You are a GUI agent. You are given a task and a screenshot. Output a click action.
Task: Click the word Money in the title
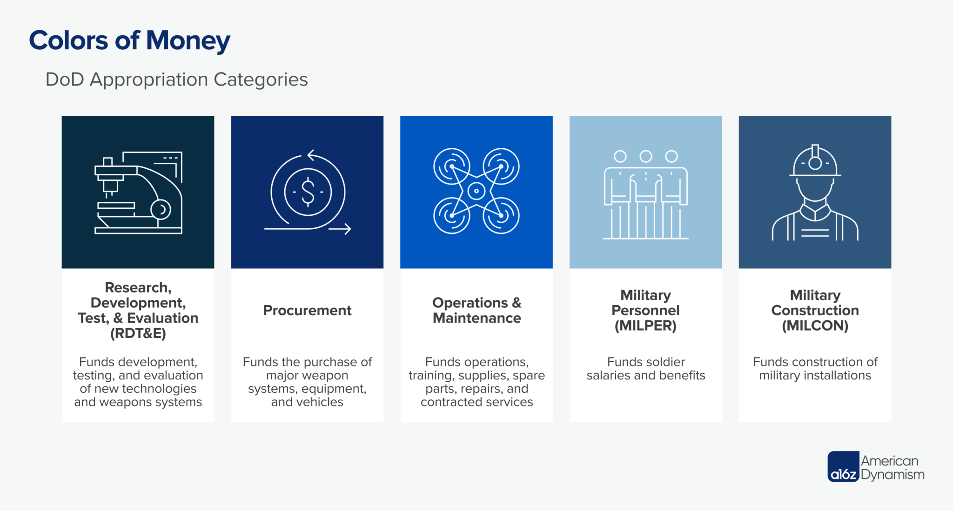tap(188, 40)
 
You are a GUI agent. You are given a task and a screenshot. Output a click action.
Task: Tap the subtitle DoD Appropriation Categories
tap(176, 80)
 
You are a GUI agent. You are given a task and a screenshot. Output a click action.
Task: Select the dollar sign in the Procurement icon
tap(308, 192)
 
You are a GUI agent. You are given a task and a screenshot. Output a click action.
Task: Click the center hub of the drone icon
tap(476, 191)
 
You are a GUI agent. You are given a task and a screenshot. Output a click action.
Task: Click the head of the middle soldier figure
tap(645, 156)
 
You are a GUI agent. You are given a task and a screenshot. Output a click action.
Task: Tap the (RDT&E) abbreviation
tap(138, 333)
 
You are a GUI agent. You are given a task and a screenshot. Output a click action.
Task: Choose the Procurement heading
tap(307, 310)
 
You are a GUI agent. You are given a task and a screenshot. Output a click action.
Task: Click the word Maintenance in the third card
tap(476, 318)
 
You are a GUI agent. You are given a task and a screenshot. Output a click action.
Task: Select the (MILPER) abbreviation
tap(645, 325)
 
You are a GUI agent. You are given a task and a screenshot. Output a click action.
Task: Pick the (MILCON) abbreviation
tap(815, 325)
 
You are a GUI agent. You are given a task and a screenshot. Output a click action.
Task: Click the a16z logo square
tap(843, 467)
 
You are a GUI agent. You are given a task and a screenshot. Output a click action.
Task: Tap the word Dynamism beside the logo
tap(893, 475)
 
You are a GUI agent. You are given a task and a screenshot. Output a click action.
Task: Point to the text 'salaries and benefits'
tap(645, 375)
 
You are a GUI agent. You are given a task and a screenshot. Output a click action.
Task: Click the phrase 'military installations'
tap(815, 375)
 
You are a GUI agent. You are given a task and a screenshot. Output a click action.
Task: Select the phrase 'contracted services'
tap(476, 402)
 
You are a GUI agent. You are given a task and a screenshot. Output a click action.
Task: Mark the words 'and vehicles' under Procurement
tap(307, 402)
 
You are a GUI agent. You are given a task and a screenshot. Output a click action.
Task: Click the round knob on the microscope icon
tap(161, 210)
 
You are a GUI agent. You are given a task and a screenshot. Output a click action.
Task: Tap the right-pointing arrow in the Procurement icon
tap(341, 229)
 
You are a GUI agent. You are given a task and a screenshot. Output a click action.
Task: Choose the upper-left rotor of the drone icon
tap(451, 166)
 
